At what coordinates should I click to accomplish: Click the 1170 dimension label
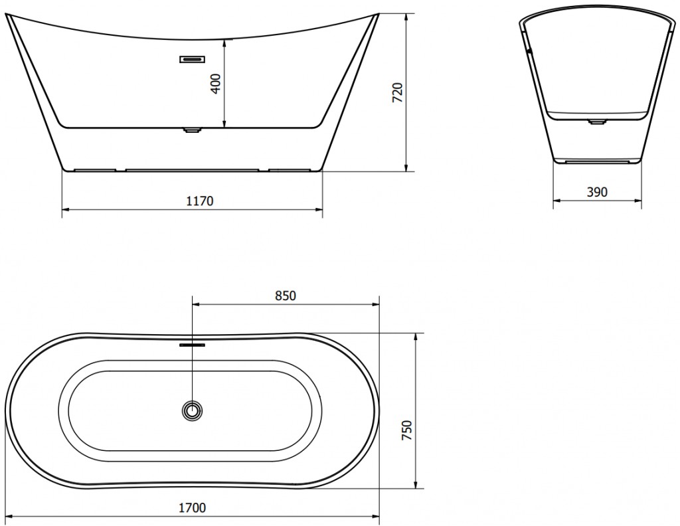(x=200, y=201)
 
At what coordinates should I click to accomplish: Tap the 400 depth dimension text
(x=216, y=83)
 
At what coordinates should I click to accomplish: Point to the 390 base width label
(x=597, y=192)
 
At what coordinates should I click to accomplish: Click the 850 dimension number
(x=286, y=296)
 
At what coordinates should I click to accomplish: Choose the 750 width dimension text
(x=407, y=430)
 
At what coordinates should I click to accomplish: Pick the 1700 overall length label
(x=193, y=507)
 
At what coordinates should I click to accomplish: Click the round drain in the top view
(x=193, y=410)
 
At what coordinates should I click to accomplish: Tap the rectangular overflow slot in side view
(x=192, y=59)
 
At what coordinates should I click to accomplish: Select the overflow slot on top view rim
(x=192, y=345)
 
